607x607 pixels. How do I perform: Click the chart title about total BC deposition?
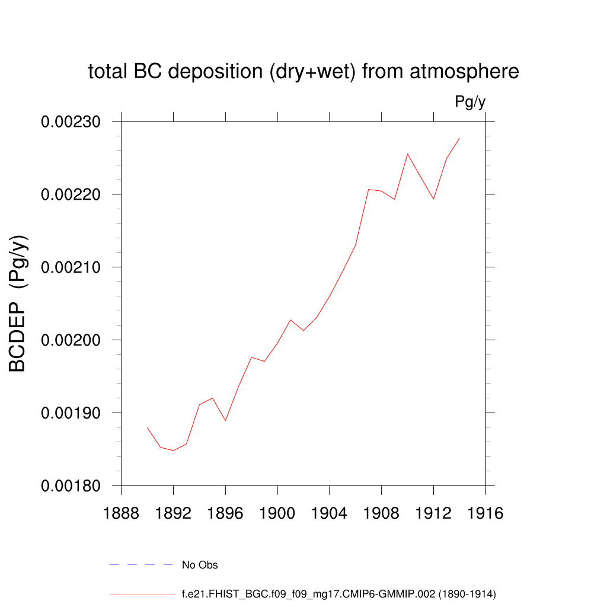tap(303, 72)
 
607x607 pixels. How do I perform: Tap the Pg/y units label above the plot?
tap(470, 102)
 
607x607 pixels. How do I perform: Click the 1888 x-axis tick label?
tap(122, 513)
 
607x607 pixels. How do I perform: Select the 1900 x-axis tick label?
tap(277, 513)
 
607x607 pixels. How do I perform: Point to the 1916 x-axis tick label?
tap(485, 513)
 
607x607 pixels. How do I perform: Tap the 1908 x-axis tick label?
tap(381, 513)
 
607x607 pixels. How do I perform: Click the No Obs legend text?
tap(200, 565)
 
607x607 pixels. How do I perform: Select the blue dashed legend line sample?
tap(141, 565)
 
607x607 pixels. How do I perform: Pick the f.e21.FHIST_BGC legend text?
tap(338, 593)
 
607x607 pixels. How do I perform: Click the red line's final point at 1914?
tap(459, 138)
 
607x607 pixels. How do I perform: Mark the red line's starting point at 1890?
tap(148, 428)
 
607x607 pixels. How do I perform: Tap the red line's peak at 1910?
tap(407, 154)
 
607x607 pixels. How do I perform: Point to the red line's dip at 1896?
tap(225, 420)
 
